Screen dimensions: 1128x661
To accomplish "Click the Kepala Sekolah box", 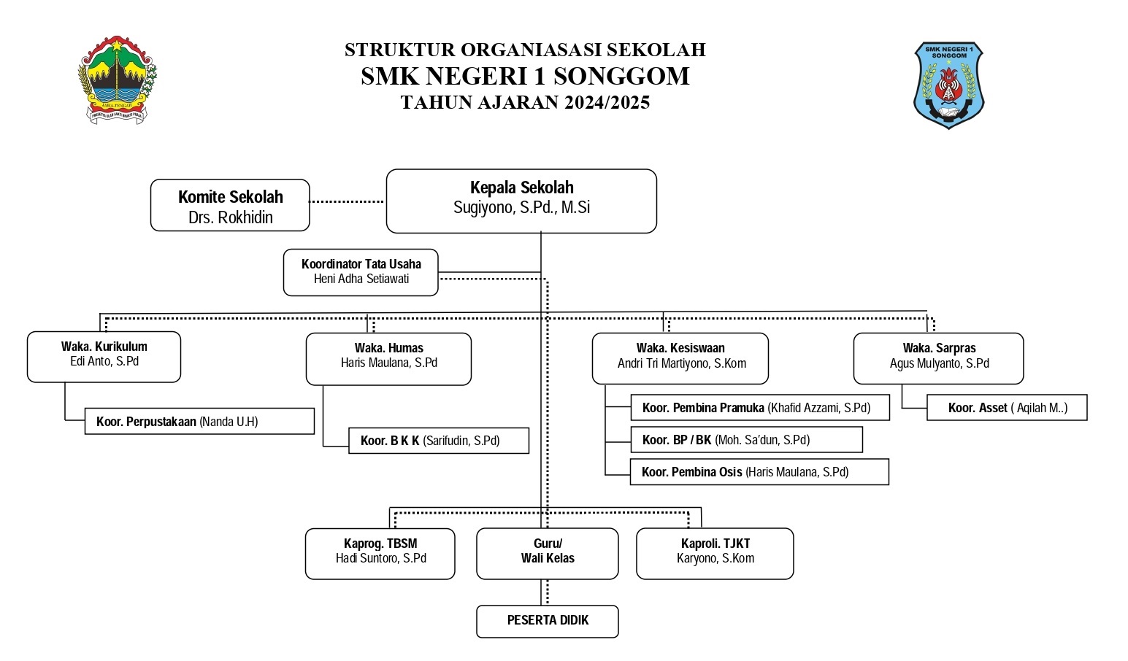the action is click(521, 201).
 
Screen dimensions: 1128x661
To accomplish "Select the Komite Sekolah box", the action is click(230, 205).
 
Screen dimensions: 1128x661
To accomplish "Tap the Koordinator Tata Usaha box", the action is click(361, 272).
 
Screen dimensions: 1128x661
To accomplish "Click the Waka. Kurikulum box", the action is click(104, 357).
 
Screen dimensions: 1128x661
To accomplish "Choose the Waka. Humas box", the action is click(388, 359).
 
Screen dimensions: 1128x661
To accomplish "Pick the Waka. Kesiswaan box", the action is click(680, 358).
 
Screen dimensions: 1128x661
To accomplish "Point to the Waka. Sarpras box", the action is click(939, 358).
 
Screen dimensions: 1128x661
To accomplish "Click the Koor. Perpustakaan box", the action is click(199, 421).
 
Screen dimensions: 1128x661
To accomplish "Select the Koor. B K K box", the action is click(439, 441).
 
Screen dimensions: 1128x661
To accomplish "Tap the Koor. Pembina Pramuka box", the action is click(760, 407).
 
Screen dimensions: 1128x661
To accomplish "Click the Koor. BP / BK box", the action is click(746, 440).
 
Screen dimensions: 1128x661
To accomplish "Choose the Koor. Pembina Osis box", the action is click(759, 472).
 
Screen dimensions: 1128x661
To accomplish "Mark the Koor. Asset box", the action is click(1007, 407).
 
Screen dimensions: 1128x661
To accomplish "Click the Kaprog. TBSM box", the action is click(380, 553).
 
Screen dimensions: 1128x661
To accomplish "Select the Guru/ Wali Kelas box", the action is click(548, 553).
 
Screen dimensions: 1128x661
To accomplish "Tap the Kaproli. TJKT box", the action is click(715, 553).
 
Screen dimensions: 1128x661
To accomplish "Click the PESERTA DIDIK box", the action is click(548, 622).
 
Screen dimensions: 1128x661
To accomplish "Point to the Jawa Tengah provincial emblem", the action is click(118, 80).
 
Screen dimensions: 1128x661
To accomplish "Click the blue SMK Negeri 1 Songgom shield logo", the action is click(948, 85).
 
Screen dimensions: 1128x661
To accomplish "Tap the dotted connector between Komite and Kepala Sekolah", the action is click(347, 201).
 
